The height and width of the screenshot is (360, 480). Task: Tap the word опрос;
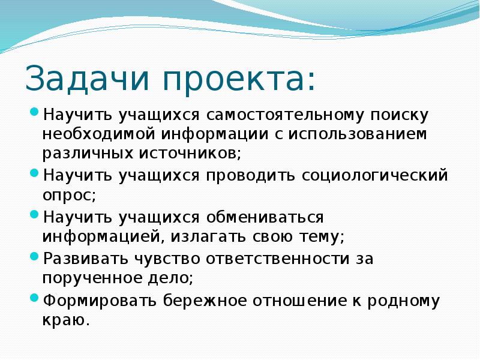(68, 195)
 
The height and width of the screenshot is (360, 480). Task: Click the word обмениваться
(268, 217)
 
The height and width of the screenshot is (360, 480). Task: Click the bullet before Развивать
(34, 257)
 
